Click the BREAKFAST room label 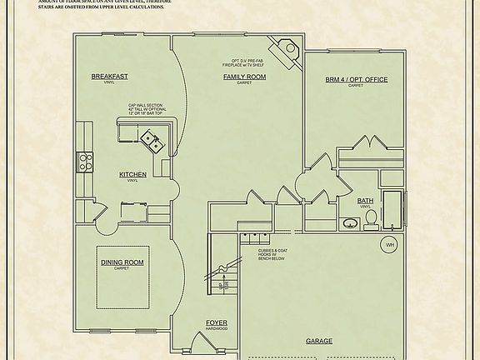click(x=110, y=77)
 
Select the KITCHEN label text click(x=132, y=174)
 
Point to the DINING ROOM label click(x=122, y=263)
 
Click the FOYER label click(x=217, y=322)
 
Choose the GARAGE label click(x=319, y=341)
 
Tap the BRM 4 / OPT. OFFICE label click(x=357, y=80)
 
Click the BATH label click(x=365, y=201)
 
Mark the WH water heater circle click(x=388, y=245)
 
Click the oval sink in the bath click(x=350, y=223)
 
